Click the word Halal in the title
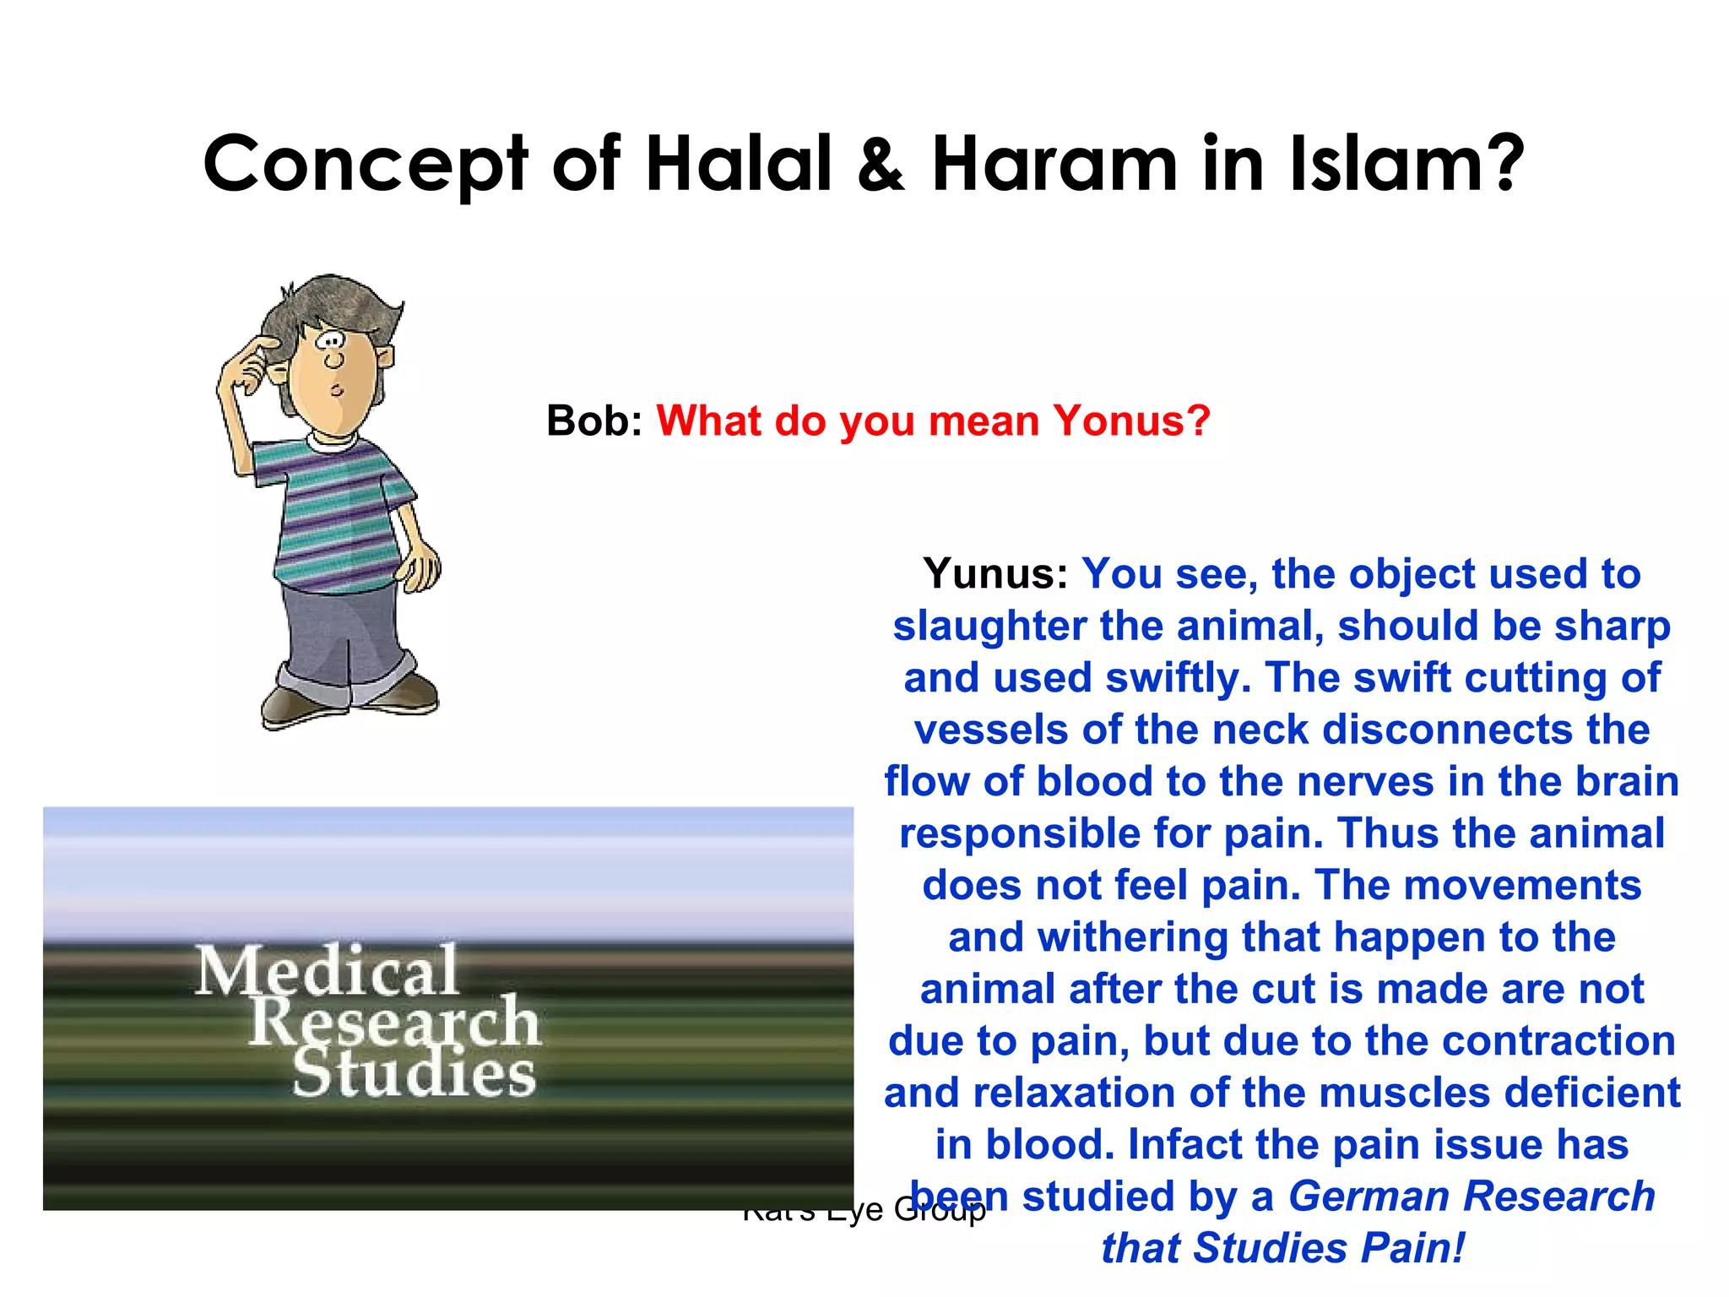pos(739,164)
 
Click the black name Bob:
pos(594,421)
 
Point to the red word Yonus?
pos(1131,421)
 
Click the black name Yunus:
pos(995,574)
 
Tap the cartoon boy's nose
pos(334,361)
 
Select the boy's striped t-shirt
pos(338,515)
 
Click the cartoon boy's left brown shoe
pos(295,705)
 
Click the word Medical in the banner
pos(328,971)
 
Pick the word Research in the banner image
pos(394,1021)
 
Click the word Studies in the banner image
pos(414,1072)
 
